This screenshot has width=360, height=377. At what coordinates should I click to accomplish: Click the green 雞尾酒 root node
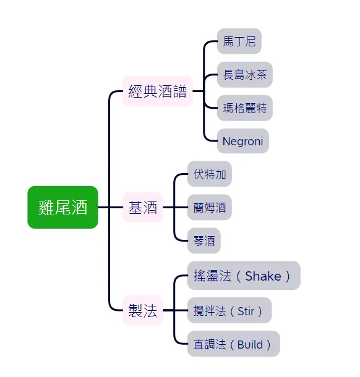pos(62,208)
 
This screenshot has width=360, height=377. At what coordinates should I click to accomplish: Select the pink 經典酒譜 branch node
pos(157,91)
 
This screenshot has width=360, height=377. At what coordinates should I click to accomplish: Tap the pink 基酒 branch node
pos(142,208)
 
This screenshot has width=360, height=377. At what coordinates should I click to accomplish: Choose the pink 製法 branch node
pos(142,310)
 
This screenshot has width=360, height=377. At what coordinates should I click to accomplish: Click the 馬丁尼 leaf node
pos(239,41)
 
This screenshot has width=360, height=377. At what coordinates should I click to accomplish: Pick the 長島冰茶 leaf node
pos(244,75)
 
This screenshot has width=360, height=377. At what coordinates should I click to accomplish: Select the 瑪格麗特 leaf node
pos(244,108)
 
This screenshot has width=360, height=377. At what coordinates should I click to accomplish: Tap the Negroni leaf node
pos(242,142)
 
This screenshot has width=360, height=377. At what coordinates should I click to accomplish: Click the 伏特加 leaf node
pos(209,174)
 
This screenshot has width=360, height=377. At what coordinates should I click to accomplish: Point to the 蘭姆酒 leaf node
pos(209,208)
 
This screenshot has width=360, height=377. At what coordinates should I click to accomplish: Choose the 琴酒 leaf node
pos(204,241)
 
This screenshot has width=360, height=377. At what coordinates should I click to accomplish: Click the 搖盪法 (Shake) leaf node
pos(243,276)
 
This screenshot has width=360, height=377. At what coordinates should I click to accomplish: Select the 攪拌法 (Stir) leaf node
pos(229,310)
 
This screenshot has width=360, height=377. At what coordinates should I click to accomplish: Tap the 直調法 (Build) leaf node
pos(233,344)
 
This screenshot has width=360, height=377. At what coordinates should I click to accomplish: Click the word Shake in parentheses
pos(263,276)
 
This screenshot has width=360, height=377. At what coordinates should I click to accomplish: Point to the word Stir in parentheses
pos(246,310)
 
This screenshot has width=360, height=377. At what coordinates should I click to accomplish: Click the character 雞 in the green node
pos(46,208)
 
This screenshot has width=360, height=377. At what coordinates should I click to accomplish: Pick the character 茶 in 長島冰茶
pos(261,75)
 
